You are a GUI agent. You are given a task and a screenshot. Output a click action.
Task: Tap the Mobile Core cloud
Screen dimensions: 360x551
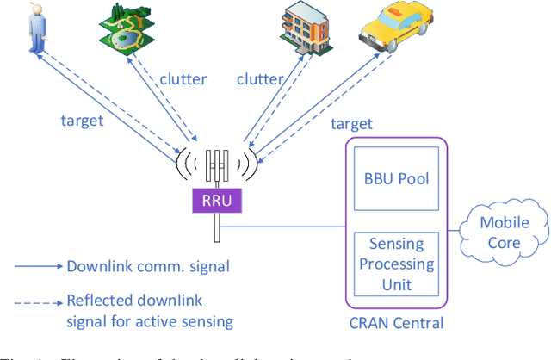coord(504,233)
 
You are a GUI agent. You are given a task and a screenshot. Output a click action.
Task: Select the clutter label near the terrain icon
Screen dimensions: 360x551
coord(183,79)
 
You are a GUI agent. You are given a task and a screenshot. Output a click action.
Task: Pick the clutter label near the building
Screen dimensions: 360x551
coord(260,79)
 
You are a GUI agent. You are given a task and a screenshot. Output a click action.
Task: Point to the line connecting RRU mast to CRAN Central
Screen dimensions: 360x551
coord(284,227)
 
